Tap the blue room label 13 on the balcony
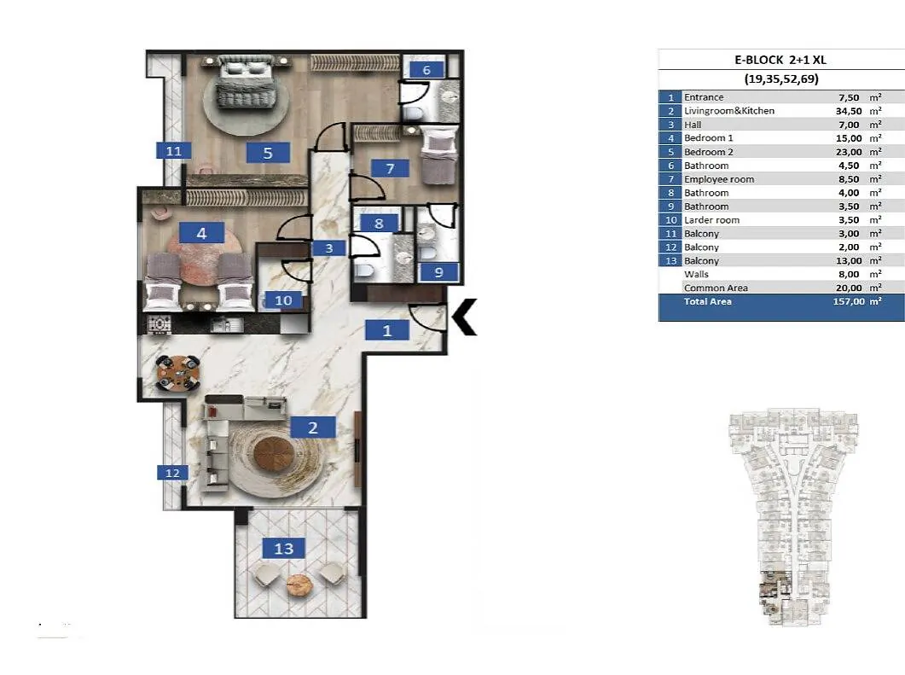tap(283, 548)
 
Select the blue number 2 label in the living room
tap(313, 428)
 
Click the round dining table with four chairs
tap(178, 372)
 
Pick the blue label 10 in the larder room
tap(283, 300)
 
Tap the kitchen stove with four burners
tap(160, 324)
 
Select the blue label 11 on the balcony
tap(174, 151)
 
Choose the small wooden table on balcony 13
tap(299, 585)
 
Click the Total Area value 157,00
tap(849, 301)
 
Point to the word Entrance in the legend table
tap(704, 97)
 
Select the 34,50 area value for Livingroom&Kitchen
tap(849, 111)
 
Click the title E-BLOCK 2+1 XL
tap(780, 60)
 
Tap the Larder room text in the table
tap(711, 220)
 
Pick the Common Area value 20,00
tap(849, 288)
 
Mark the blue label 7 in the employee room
tap(390, 168)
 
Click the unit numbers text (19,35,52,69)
tap(781, 79)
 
